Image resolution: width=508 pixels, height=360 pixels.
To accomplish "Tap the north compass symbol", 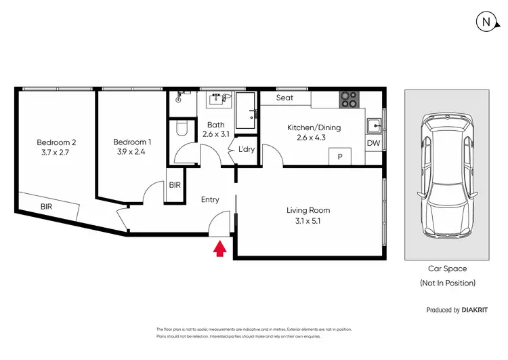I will [x=486, y=22].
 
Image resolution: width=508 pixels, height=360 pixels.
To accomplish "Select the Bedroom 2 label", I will [x=56, y=142].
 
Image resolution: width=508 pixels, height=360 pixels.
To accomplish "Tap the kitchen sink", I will [x=373, y=126].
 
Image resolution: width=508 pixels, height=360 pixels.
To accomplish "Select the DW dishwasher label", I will [x=373, y=144].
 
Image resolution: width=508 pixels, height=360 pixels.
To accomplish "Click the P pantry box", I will [x=339, y=156].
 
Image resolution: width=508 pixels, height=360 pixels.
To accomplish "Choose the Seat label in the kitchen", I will [x=285, y=98].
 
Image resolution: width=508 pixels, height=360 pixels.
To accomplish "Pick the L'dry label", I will [x=246, y=149].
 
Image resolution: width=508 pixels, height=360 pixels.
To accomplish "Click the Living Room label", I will [x=308, y=210].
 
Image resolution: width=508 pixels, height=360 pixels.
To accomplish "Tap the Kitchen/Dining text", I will [x=314, y=127].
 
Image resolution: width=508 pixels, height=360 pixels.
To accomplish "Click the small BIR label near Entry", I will [x=175, y=184].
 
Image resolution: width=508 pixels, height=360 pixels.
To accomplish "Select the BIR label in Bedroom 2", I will [x=46, y=207].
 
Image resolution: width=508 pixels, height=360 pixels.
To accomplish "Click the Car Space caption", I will [x=447, y=269].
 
